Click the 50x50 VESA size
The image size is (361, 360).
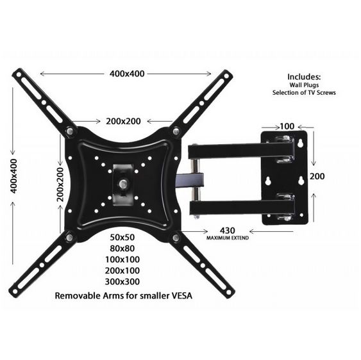pyautogui.click(x=123, y=237)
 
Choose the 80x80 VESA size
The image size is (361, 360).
pyautogui.click(x=123, y=249)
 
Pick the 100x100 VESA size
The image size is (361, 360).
pyautogui.click(x=123, y=259)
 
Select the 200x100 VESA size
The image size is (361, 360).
pyautogui.click(x=123, y=270)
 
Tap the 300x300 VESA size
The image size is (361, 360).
pyautogui.click(x=123, y=281)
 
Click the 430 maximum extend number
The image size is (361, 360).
pyautogui.click(x=228, y=230)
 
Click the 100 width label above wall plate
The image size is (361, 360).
pyautogui.click(x=286, y=127)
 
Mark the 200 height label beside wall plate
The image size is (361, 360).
pyautogui.click(x=317, y=176)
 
